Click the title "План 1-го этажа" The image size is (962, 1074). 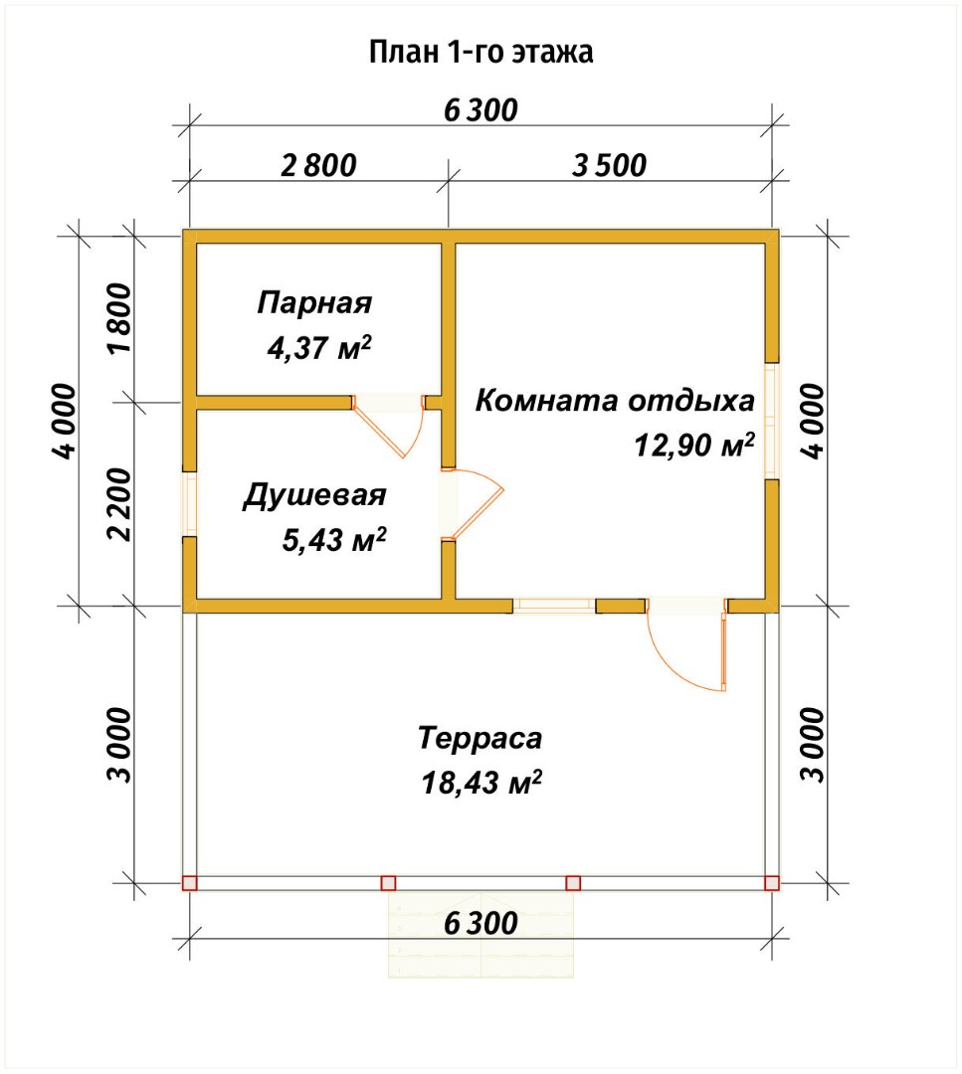481,52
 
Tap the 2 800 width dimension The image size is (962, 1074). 317,165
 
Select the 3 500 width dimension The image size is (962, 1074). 609,165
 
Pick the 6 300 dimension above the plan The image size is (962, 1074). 481,110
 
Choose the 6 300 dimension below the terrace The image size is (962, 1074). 481,924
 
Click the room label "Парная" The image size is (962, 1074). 314,301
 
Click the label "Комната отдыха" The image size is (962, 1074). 614,402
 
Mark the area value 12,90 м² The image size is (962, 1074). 693,447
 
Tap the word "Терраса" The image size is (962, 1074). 481,739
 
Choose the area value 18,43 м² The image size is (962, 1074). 481,785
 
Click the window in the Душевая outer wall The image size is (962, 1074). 189,503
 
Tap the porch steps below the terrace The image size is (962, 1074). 482,935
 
